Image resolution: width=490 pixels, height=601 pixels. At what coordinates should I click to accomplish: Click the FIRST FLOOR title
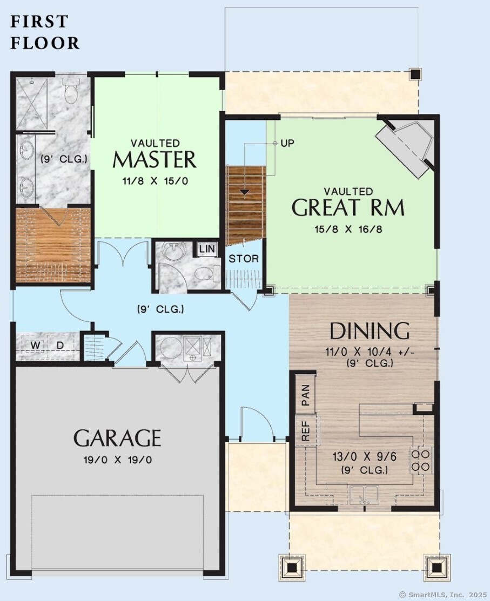45,32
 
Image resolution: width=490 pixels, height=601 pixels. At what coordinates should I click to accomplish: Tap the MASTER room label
155,159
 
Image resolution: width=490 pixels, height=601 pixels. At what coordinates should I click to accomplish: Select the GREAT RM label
348,207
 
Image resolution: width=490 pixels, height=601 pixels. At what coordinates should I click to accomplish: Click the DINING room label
370,331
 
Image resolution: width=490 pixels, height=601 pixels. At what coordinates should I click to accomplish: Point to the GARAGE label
117,438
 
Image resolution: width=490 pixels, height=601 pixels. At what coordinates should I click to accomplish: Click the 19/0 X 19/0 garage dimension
117,460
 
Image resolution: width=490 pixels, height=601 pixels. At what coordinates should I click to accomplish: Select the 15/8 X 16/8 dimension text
348,229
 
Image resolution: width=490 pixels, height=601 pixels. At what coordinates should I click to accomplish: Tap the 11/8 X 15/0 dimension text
155,181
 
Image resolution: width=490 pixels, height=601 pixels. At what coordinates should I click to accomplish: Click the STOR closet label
244,259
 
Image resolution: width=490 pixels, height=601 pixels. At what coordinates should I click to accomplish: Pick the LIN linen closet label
207,249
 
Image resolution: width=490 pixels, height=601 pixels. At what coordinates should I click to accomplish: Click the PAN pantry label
306,395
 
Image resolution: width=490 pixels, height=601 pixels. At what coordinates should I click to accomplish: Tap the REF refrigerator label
306,431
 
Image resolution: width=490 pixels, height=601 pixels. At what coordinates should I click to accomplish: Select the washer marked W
35,346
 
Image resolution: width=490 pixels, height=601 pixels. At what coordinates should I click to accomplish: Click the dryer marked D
60,346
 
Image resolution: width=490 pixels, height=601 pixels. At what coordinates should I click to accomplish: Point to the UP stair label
287,143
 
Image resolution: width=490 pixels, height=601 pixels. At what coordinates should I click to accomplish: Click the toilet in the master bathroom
71,91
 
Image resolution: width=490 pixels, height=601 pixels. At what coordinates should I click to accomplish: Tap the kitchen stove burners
421,461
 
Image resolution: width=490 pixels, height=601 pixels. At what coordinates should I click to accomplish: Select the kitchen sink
364,495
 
